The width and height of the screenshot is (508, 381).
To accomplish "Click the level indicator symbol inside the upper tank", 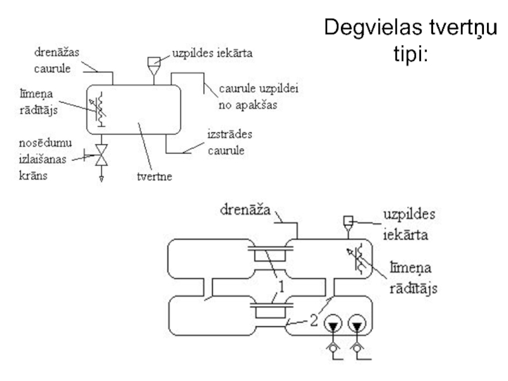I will click(x=99, y=109).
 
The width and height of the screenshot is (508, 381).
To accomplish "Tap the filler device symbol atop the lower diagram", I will click(x=348, y=222).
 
